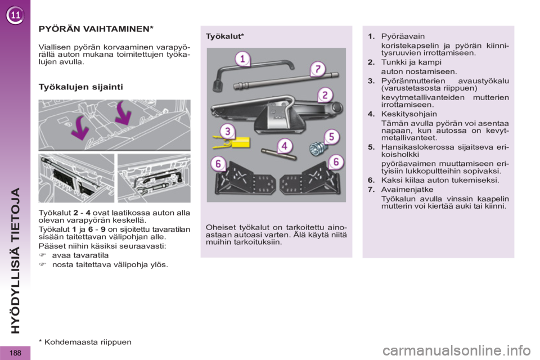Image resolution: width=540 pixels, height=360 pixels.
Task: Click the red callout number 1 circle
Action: tap(242, 59)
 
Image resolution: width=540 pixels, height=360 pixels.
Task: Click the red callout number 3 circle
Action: tap(227, 132)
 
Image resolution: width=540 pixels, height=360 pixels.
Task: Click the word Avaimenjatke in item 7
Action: tap(407, 190)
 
